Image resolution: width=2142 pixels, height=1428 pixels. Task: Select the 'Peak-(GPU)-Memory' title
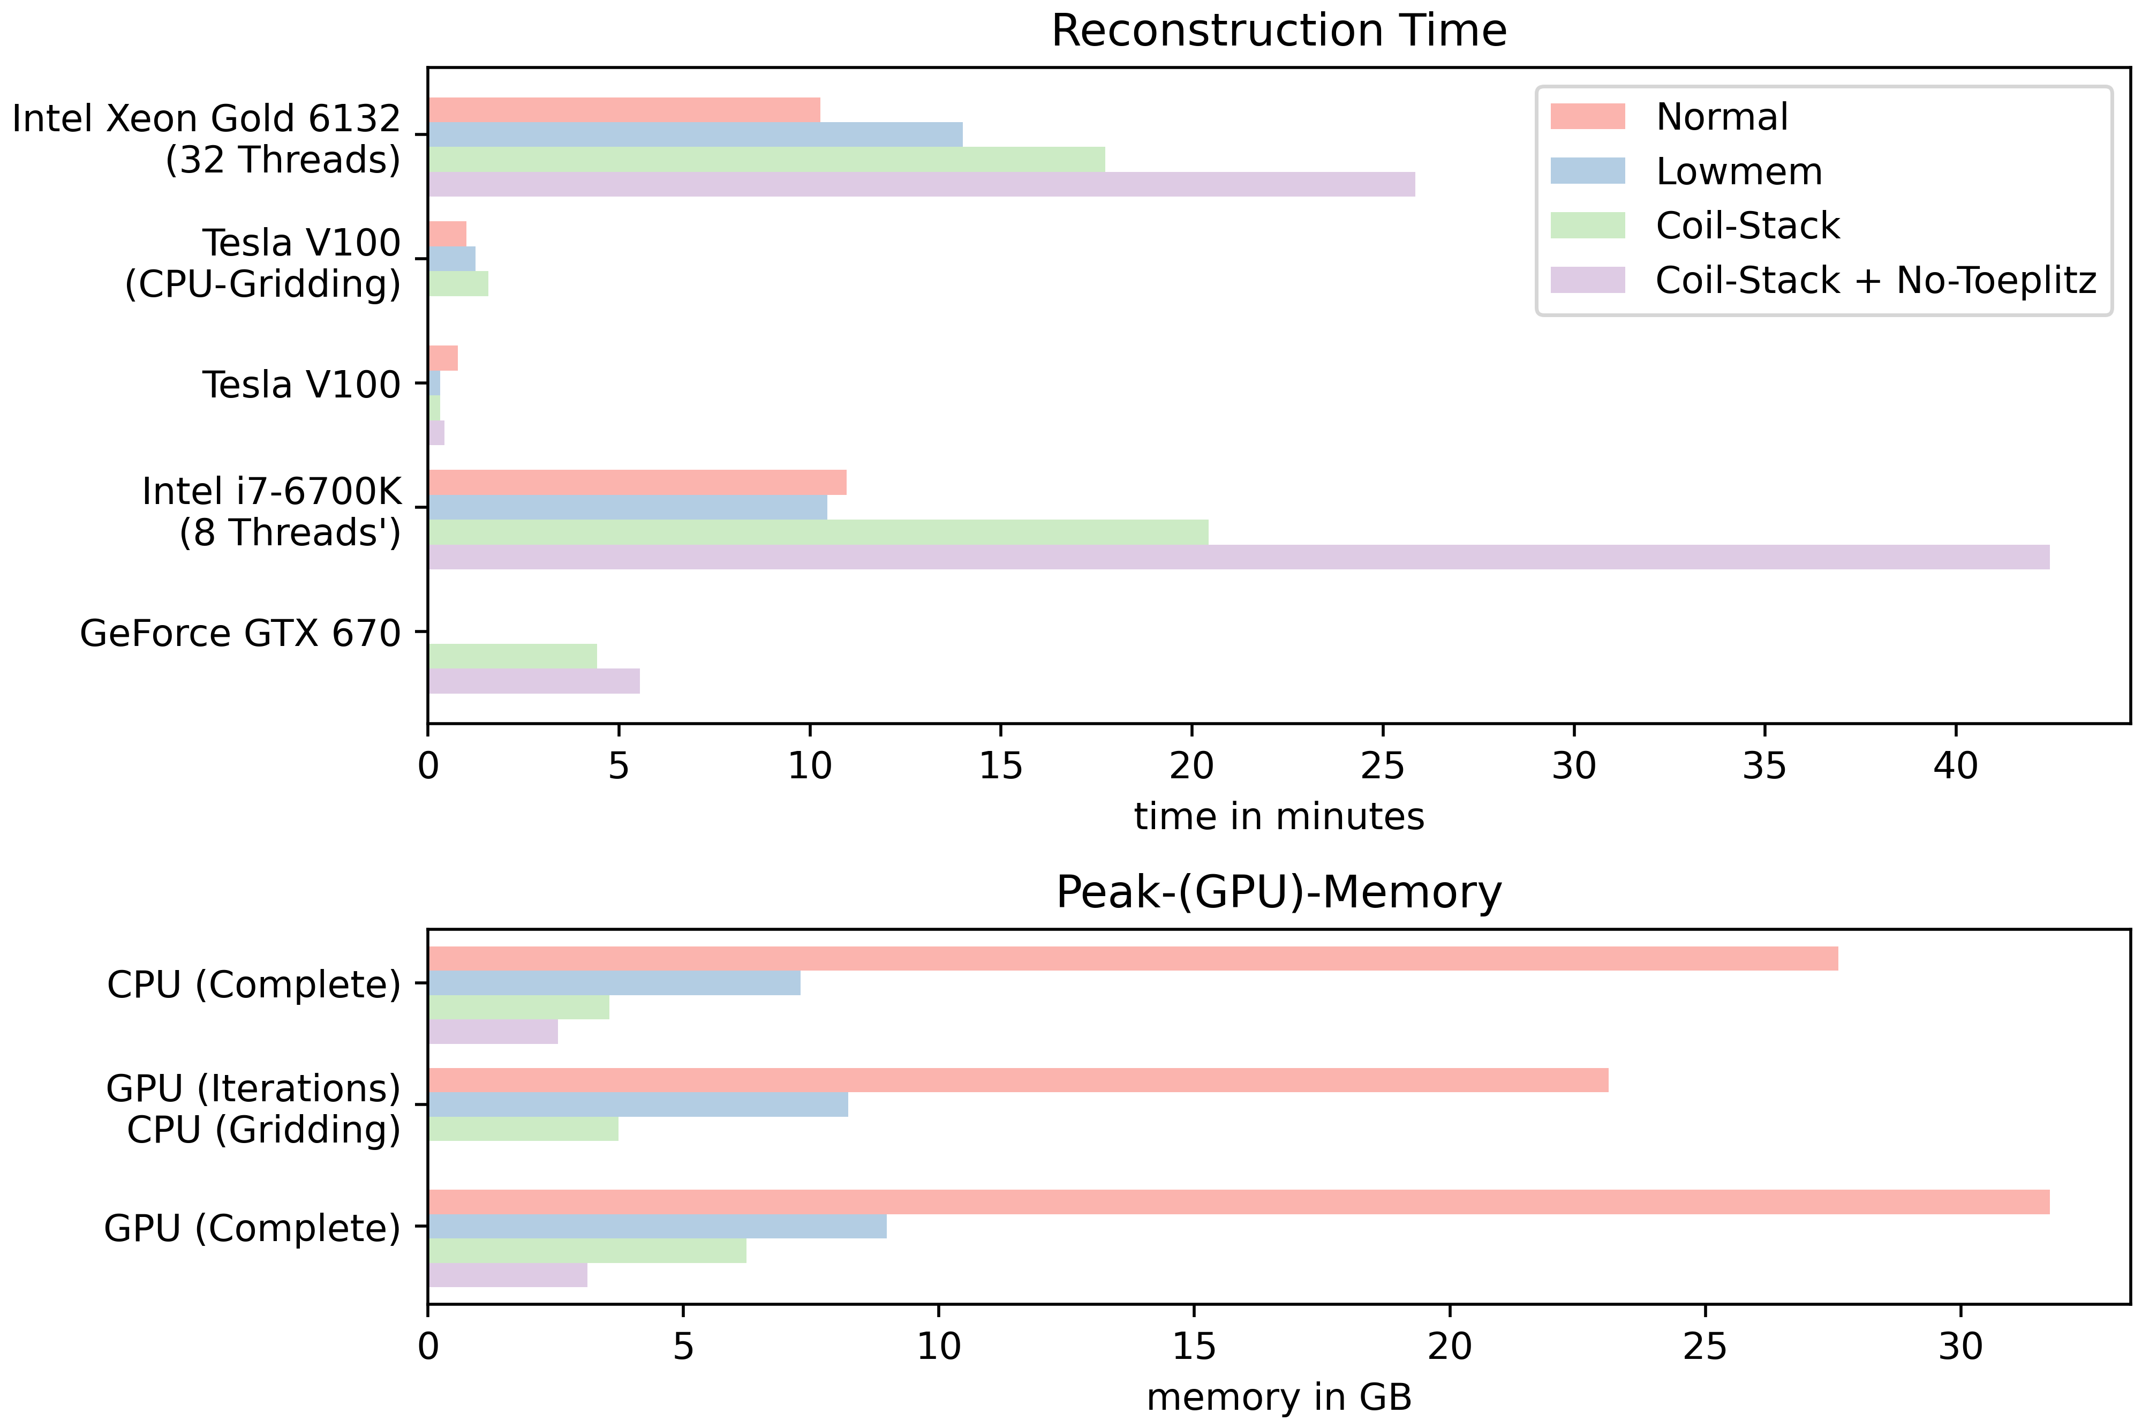(x=1278, y=892)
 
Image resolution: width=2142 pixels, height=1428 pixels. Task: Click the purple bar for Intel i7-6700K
(x=1238, y=558)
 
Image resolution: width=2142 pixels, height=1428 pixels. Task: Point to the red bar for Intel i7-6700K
(x=637, y=483)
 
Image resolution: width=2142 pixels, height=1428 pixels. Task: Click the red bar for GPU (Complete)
(x=1238, y=1202)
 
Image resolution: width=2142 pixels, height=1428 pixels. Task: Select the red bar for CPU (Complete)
(x=1133, y=959)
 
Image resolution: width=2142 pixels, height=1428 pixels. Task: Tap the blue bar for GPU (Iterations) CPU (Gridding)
(x=637, y=1104)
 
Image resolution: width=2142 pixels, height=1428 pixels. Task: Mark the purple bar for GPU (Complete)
(x=507, y=1275)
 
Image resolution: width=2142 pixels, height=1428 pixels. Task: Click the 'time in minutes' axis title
(x=1278, y=817)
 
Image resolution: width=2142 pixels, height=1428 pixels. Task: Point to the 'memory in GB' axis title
(x=1278, y=1397)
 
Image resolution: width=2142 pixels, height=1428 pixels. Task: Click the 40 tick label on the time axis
(x=1956, y=767)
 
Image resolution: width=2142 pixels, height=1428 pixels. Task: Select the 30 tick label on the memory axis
(x=1960, y=1346)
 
